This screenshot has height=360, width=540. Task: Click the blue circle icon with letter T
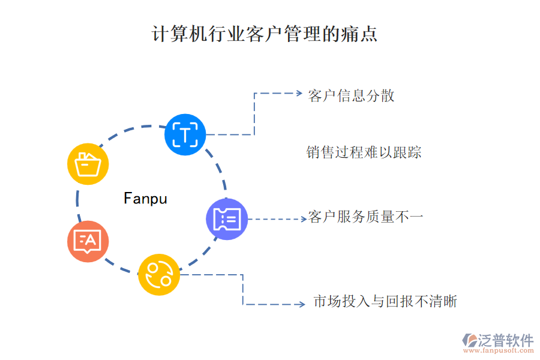[x=185, y=134]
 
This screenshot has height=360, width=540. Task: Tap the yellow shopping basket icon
[x=88, y=163]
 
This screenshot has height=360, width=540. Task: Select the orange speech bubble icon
[x=88, y=241]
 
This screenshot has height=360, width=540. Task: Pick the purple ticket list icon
[x=227, y=219]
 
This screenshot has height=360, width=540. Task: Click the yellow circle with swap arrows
[x=159, y=274]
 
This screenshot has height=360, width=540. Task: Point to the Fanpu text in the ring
[x=145, y=198]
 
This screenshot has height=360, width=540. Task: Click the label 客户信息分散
[x=351, y=95]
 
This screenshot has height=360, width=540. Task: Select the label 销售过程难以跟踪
[x=364, y=152]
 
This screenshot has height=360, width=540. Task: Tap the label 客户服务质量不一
[x=366, y=217]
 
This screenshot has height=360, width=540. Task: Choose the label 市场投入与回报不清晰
[x=385, y=301]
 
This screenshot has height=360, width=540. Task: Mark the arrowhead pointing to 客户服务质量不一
[x=304, y=219]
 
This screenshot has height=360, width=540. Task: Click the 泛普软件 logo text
[x=505, y=340]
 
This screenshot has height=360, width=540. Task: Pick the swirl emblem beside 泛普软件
[x=469, y=341]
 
